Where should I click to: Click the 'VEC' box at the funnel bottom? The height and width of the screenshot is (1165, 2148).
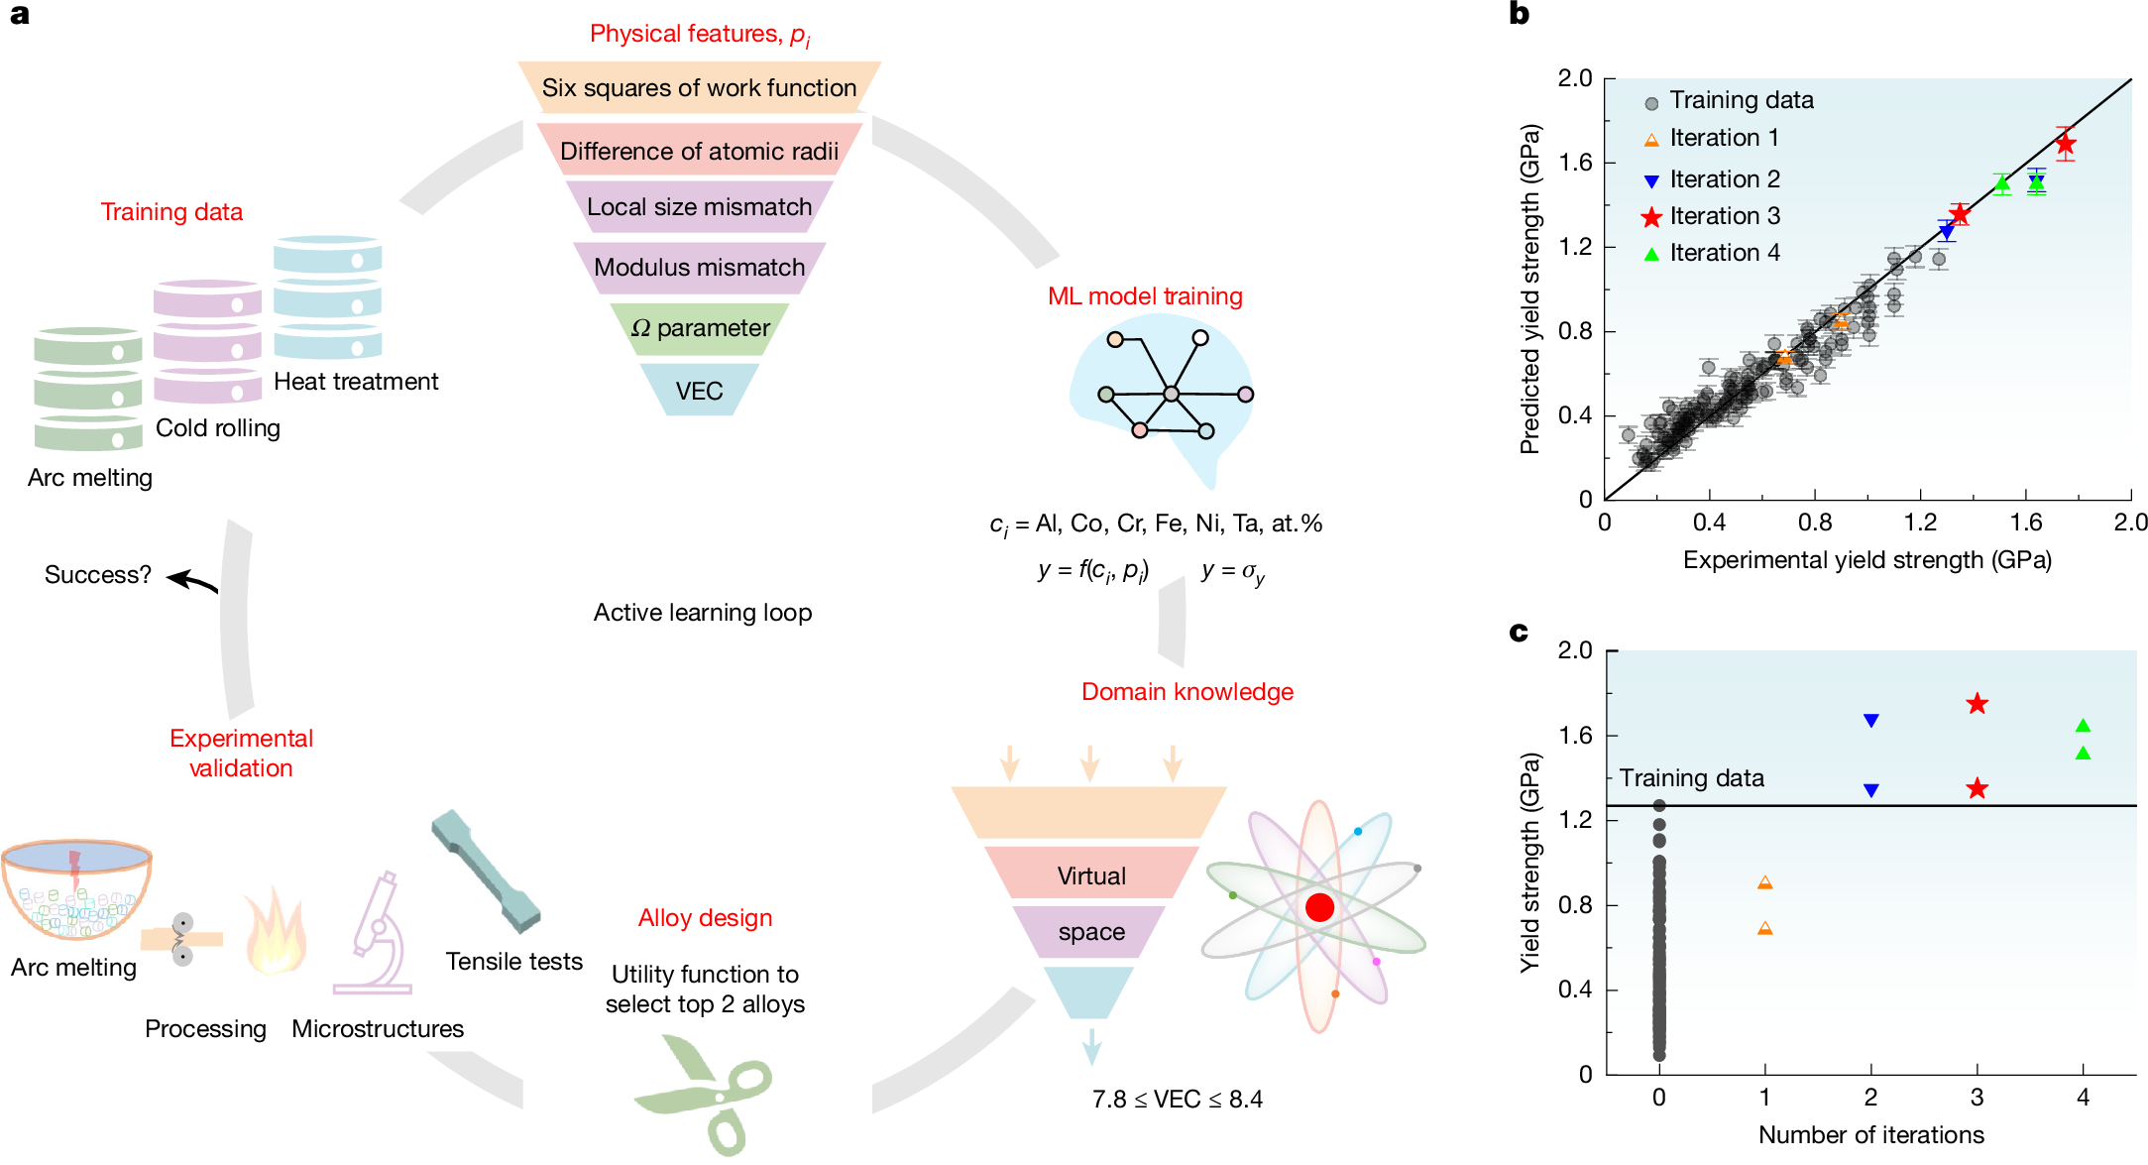point(699,391)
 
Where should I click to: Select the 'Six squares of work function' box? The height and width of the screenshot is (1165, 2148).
point(699,87)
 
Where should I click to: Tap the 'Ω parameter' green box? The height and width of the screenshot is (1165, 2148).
point(700,328)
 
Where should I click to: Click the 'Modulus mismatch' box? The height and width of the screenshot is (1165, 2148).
point(699,267)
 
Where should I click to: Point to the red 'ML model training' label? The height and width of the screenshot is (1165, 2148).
point(1145,295)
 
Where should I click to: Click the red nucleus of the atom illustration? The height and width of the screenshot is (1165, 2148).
point(1319,907)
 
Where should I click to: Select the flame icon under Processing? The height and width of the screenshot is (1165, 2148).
point(275,932)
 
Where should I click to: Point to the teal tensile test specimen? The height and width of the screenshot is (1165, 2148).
point(486,872)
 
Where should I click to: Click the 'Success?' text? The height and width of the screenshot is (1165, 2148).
point(97,575)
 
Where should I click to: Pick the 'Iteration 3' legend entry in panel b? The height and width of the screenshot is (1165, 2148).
point(1724,216)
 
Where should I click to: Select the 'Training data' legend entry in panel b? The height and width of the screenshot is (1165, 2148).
point(1741,100)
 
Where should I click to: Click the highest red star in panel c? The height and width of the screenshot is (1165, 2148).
point(1978,704)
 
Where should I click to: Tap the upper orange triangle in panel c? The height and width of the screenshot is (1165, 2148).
point(1764,882)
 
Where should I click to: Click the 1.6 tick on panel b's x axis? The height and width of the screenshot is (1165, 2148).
point(2025,522)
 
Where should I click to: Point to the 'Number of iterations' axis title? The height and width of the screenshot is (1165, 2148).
point(1870,1134)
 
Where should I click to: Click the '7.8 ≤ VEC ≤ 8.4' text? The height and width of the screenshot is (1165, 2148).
point(1177,1099)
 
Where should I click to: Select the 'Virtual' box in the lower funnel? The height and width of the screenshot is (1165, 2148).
point(1091,875)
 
